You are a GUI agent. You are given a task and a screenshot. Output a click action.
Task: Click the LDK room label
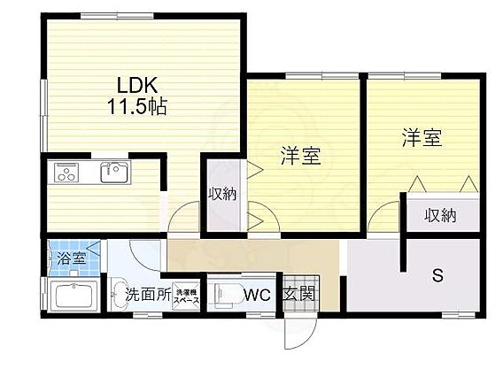coord(137,87)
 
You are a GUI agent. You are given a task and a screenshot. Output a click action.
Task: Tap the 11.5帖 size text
coord(137,107)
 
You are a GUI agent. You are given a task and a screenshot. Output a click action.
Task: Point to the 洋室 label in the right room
coord(422,138)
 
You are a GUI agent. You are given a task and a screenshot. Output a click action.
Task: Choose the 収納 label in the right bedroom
coord(440,214)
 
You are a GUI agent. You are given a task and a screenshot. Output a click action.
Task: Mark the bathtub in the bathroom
coord(74,296)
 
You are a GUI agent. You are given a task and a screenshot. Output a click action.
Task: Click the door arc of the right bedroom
coord(384,217)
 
